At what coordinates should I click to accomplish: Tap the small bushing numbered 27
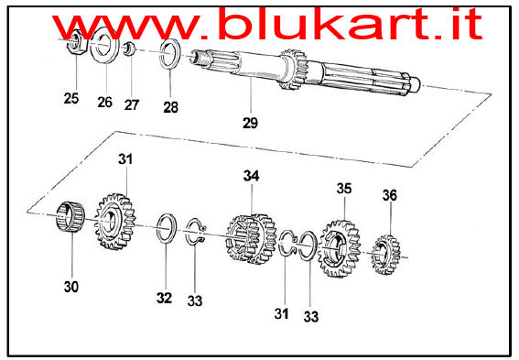(x=129, y=49)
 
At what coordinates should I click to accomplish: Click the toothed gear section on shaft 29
(x=293, y=69)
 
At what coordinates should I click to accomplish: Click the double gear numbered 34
(x=252, y=238)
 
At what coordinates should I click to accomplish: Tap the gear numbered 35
(x=339, y=248)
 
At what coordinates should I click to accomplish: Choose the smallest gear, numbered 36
(x=385, y=255)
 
